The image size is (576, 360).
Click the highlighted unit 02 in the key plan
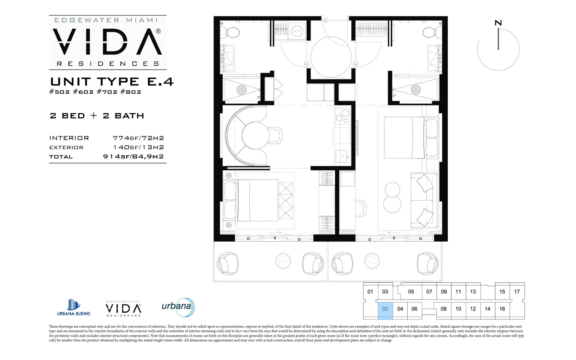(385, 309)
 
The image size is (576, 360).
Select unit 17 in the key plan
(517, 292)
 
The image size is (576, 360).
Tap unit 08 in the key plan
(443, 309)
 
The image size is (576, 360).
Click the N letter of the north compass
(498, 23)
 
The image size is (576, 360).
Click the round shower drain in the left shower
(241, 89)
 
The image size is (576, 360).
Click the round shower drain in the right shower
(415, 89)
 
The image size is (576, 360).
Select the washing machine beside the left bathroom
(297, 31)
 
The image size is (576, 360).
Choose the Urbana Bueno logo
(73, 307)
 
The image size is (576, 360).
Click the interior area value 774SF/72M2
(138, 138)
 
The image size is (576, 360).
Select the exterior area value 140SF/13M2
(139, 147)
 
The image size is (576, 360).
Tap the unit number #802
(131, 92)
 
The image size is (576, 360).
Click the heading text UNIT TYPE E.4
(112, 82)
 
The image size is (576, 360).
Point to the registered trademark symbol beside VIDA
(158, 31)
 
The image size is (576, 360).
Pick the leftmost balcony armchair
(228, 264)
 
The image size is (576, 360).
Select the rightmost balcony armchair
(427, 264)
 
